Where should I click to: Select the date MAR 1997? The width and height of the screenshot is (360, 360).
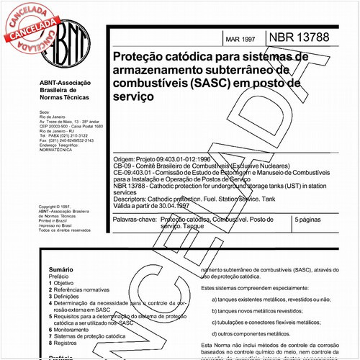pyautogui.click(x=241, y=37)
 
